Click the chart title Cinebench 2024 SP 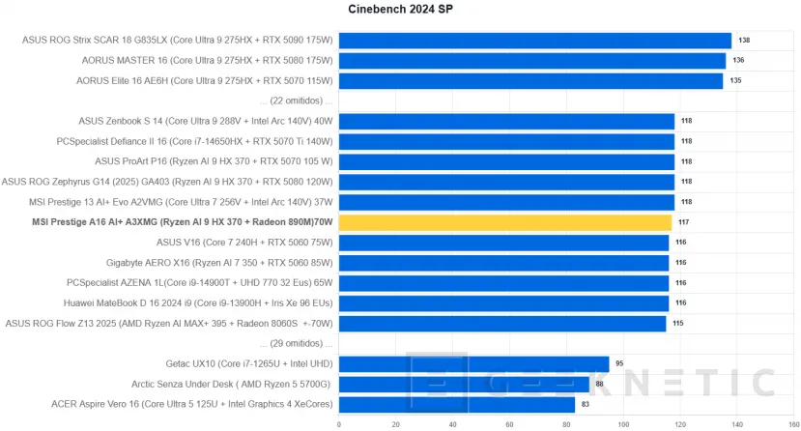click(400, 10)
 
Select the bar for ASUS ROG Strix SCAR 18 click(534, 41)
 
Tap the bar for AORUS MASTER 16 click(531, 61)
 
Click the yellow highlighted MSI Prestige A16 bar click(504, 222)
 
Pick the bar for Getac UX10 click(473, 364)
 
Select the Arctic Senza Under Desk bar click(464, 385)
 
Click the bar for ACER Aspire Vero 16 click(456, 404)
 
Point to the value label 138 click(744, 41)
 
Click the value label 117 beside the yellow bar click(683, 222)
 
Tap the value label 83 click(585, 405)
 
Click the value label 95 click(620, 364)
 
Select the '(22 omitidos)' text click(296, 101)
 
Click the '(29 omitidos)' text click(296, 344)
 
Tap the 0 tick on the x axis click(338, 423)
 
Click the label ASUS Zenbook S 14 click(206, 121)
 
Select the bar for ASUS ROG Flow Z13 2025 click(502, 324)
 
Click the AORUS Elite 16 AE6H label click(205, 80)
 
